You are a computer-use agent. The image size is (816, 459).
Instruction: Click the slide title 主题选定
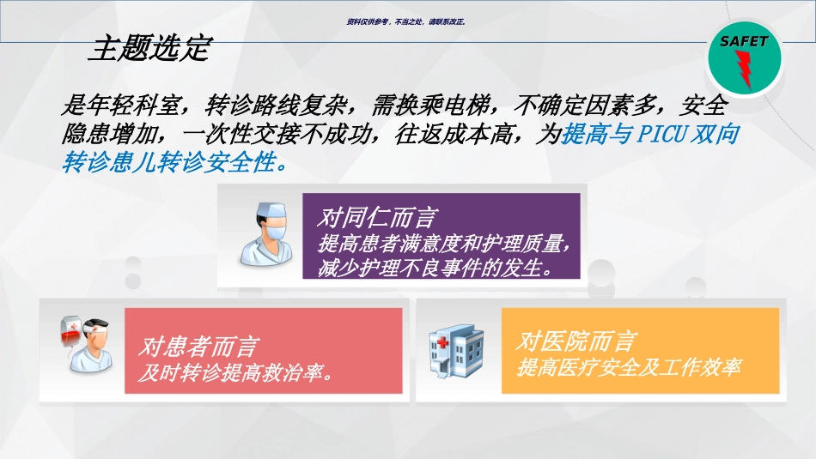pos(149,49)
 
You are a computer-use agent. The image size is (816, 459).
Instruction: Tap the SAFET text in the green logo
pos(744,41)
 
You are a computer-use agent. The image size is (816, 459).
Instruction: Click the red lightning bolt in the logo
pos(745,69)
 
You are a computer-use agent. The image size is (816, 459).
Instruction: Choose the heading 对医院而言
pos(576,341)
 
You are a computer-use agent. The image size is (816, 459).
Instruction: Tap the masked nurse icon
pos(264,233)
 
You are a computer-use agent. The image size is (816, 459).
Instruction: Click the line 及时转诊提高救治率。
pos(236,374)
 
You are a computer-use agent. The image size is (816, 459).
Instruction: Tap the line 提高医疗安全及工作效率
pos(629,368)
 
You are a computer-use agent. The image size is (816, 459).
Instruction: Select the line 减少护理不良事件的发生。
pos(435,269)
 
